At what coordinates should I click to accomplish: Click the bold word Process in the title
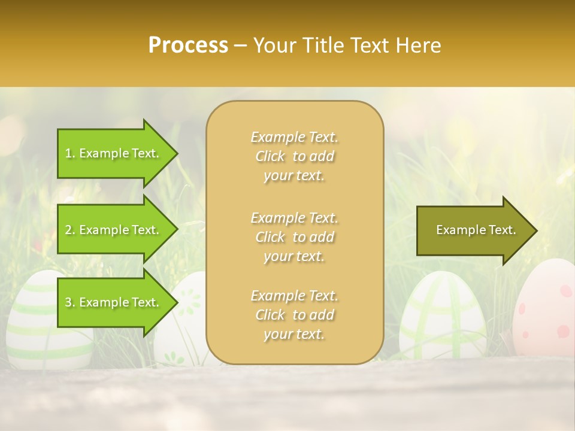click(x=188, y=45)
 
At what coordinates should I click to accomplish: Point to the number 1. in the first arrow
click(x=70, y=154)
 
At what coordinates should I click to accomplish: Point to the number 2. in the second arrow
click(x=70, y=230)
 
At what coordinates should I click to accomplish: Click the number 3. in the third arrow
click(x=70, y=302)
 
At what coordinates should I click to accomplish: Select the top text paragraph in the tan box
click(x=294, y=156)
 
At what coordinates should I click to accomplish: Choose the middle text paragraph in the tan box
click(x=294, y=237)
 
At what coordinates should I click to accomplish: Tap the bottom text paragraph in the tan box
click(x=294, y=315)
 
